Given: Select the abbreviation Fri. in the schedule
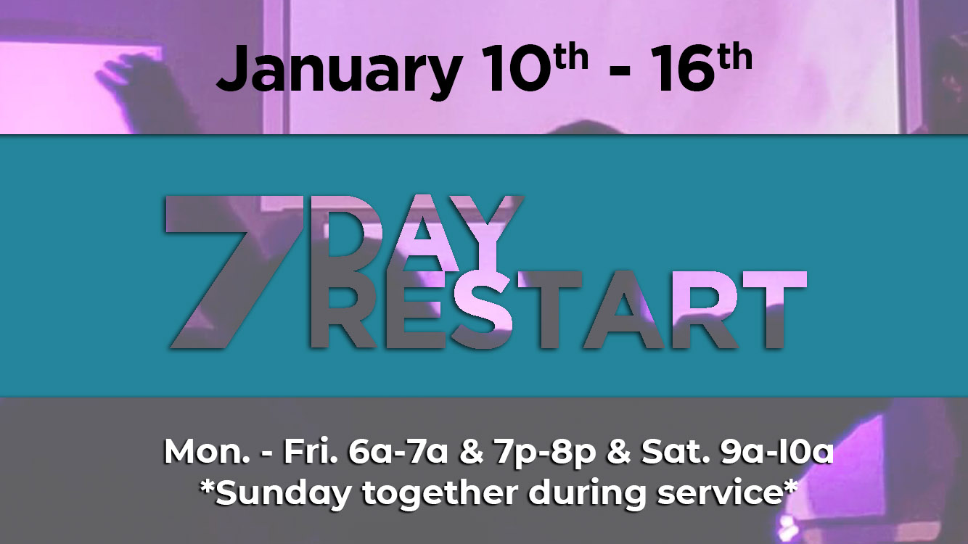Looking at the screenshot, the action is click(311, 452).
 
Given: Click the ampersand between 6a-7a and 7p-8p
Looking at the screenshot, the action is click(472, 452).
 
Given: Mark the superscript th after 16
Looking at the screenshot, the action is click(736, 58).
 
